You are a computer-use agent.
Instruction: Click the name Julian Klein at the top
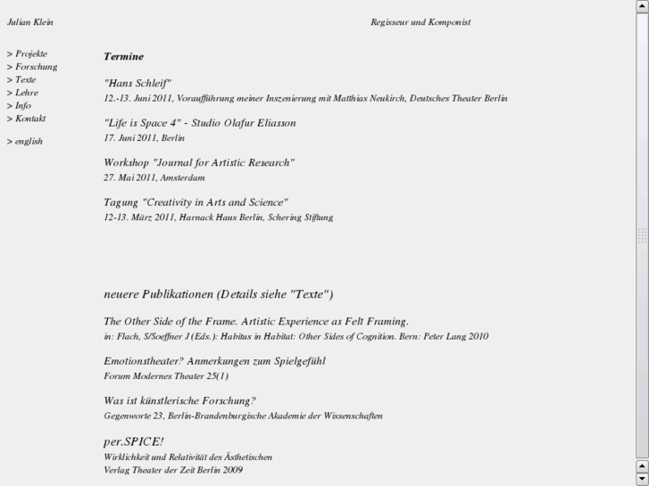pyautogui.click(x=30, y=22)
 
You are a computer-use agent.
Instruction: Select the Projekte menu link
pyautogui.click(x=30, y=54)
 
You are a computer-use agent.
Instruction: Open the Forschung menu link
pyautogui.click(x=35, y=67)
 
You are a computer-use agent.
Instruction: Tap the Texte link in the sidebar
pyautogui.click(x=25, y=79)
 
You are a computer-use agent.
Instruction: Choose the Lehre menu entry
pyautogui.click(x=26, y=93)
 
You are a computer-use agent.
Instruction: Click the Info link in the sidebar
pyautogui.click(x=22, y=105)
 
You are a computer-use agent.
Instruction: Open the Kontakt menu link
pyautogui.click(x=29, y=119)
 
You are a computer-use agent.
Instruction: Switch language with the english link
pyautogui.click(x=28, y=141)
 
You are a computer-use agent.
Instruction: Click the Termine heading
pyautogui.click(x=123, y=56)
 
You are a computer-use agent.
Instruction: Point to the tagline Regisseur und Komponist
pyautogui.click(x=420, y=22)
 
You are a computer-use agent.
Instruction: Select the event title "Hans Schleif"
pyautogui.click(x=137, y=83)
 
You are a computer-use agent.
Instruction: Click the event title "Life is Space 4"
pyautogui.click(x=199, y=122)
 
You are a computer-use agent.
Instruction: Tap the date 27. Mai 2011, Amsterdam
pyautogui.click(x=154, y=177)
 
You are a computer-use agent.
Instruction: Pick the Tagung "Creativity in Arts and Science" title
pyautogui.click(x=196, y=202)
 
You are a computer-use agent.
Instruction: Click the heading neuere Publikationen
pyautogui.click(x=218, y=294)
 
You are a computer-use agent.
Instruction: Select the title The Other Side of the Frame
pyautogui.click(x=255, y=321)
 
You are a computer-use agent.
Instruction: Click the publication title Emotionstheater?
pyautogui.click(x=214, y=361)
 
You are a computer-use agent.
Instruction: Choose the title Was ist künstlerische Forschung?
pyautogui.click(x=179, y=401)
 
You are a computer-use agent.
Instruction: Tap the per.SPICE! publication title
pyautogui.click(x=133, y=441)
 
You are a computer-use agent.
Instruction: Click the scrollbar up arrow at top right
pyautogui.click(x=642, y=6)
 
